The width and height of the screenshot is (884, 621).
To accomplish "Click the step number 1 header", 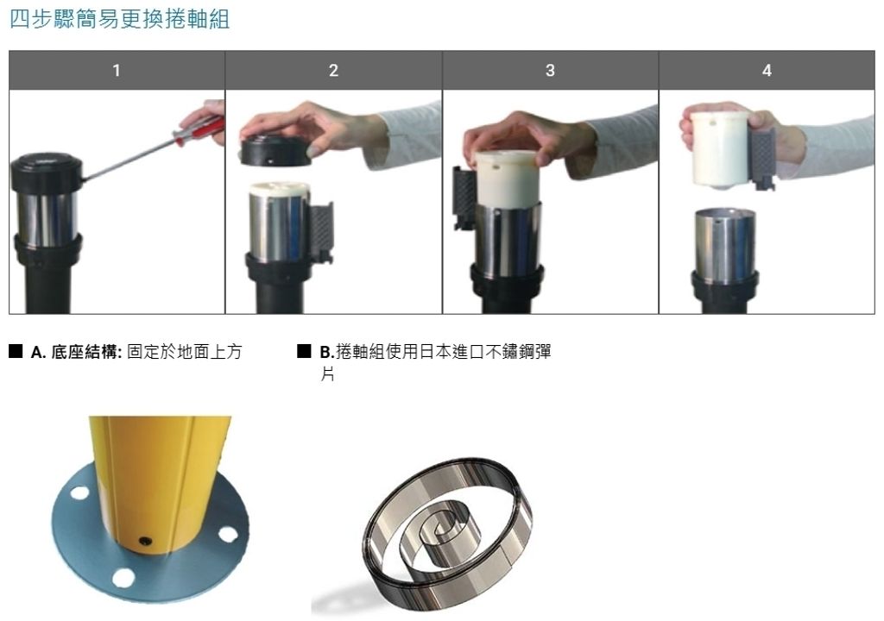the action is click(x=117, y=71).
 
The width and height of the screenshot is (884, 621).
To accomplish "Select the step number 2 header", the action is click(x=334, y=71).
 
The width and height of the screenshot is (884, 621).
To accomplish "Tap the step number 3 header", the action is click(x=550, y=71).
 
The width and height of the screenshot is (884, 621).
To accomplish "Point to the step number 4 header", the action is click(x=767, y=71).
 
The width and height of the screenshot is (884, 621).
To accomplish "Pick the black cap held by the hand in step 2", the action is click(x=275, y=150).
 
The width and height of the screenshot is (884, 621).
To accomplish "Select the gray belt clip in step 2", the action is click(x=320, y=233).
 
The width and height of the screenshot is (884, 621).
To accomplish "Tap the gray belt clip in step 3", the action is click(x=464, y=198).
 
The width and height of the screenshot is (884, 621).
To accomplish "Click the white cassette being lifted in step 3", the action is click(x=507, y=179).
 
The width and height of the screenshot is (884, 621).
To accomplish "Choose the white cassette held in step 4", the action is click(x=719, y=149).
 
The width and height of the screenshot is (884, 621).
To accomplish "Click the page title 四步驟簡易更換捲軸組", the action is click(x=119, y=19).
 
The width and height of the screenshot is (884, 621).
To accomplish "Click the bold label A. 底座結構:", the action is click(x=76, y=352).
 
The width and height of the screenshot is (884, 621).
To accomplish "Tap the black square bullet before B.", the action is click(x=304, y=351).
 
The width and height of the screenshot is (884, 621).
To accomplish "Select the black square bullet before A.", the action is click(x=16, y=351).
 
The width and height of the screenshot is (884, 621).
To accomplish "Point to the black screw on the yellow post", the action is click(x=145, y=542).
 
